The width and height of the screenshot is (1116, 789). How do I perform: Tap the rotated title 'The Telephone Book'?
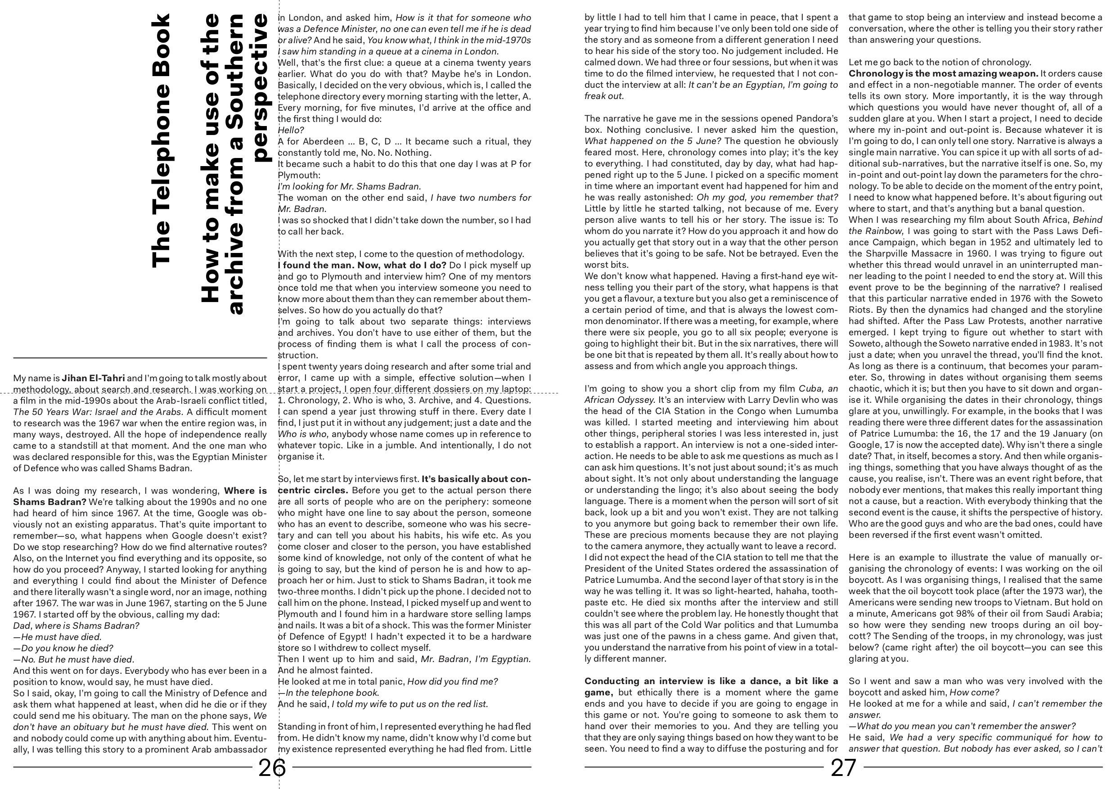pos(161,141)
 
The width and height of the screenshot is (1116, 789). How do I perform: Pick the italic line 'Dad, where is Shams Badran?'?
pos(76,626)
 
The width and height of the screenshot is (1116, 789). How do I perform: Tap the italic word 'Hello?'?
pos(291,130)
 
